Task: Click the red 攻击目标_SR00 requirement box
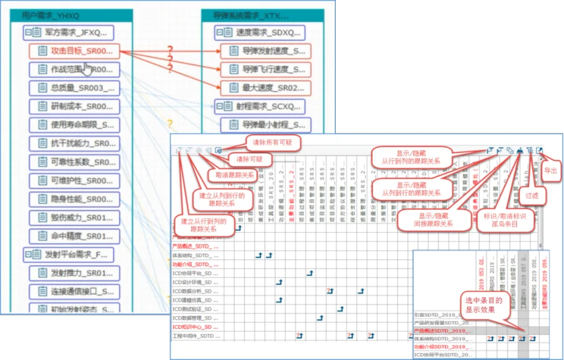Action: [x=74, y=51]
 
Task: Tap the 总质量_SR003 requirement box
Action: [x=74, y=88]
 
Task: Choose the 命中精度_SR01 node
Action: [x=74, y=236]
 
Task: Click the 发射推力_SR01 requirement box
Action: [x=74, y=273]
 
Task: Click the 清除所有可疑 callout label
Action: [x=269, y=142]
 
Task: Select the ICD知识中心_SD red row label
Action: [x=195, y=327]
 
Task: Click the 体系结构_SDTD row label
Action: [x=195, y=256]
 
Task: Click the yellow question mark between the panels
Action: [x=169, y=124]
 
